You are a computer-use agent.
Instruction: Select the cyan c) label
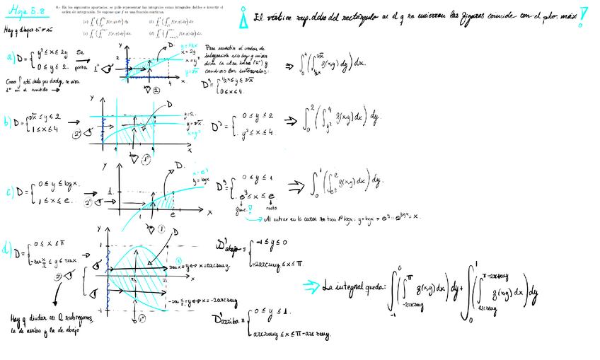click(x=10, y=190)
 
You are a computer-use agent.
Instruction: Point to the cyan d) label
click(x=8, y=249)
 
